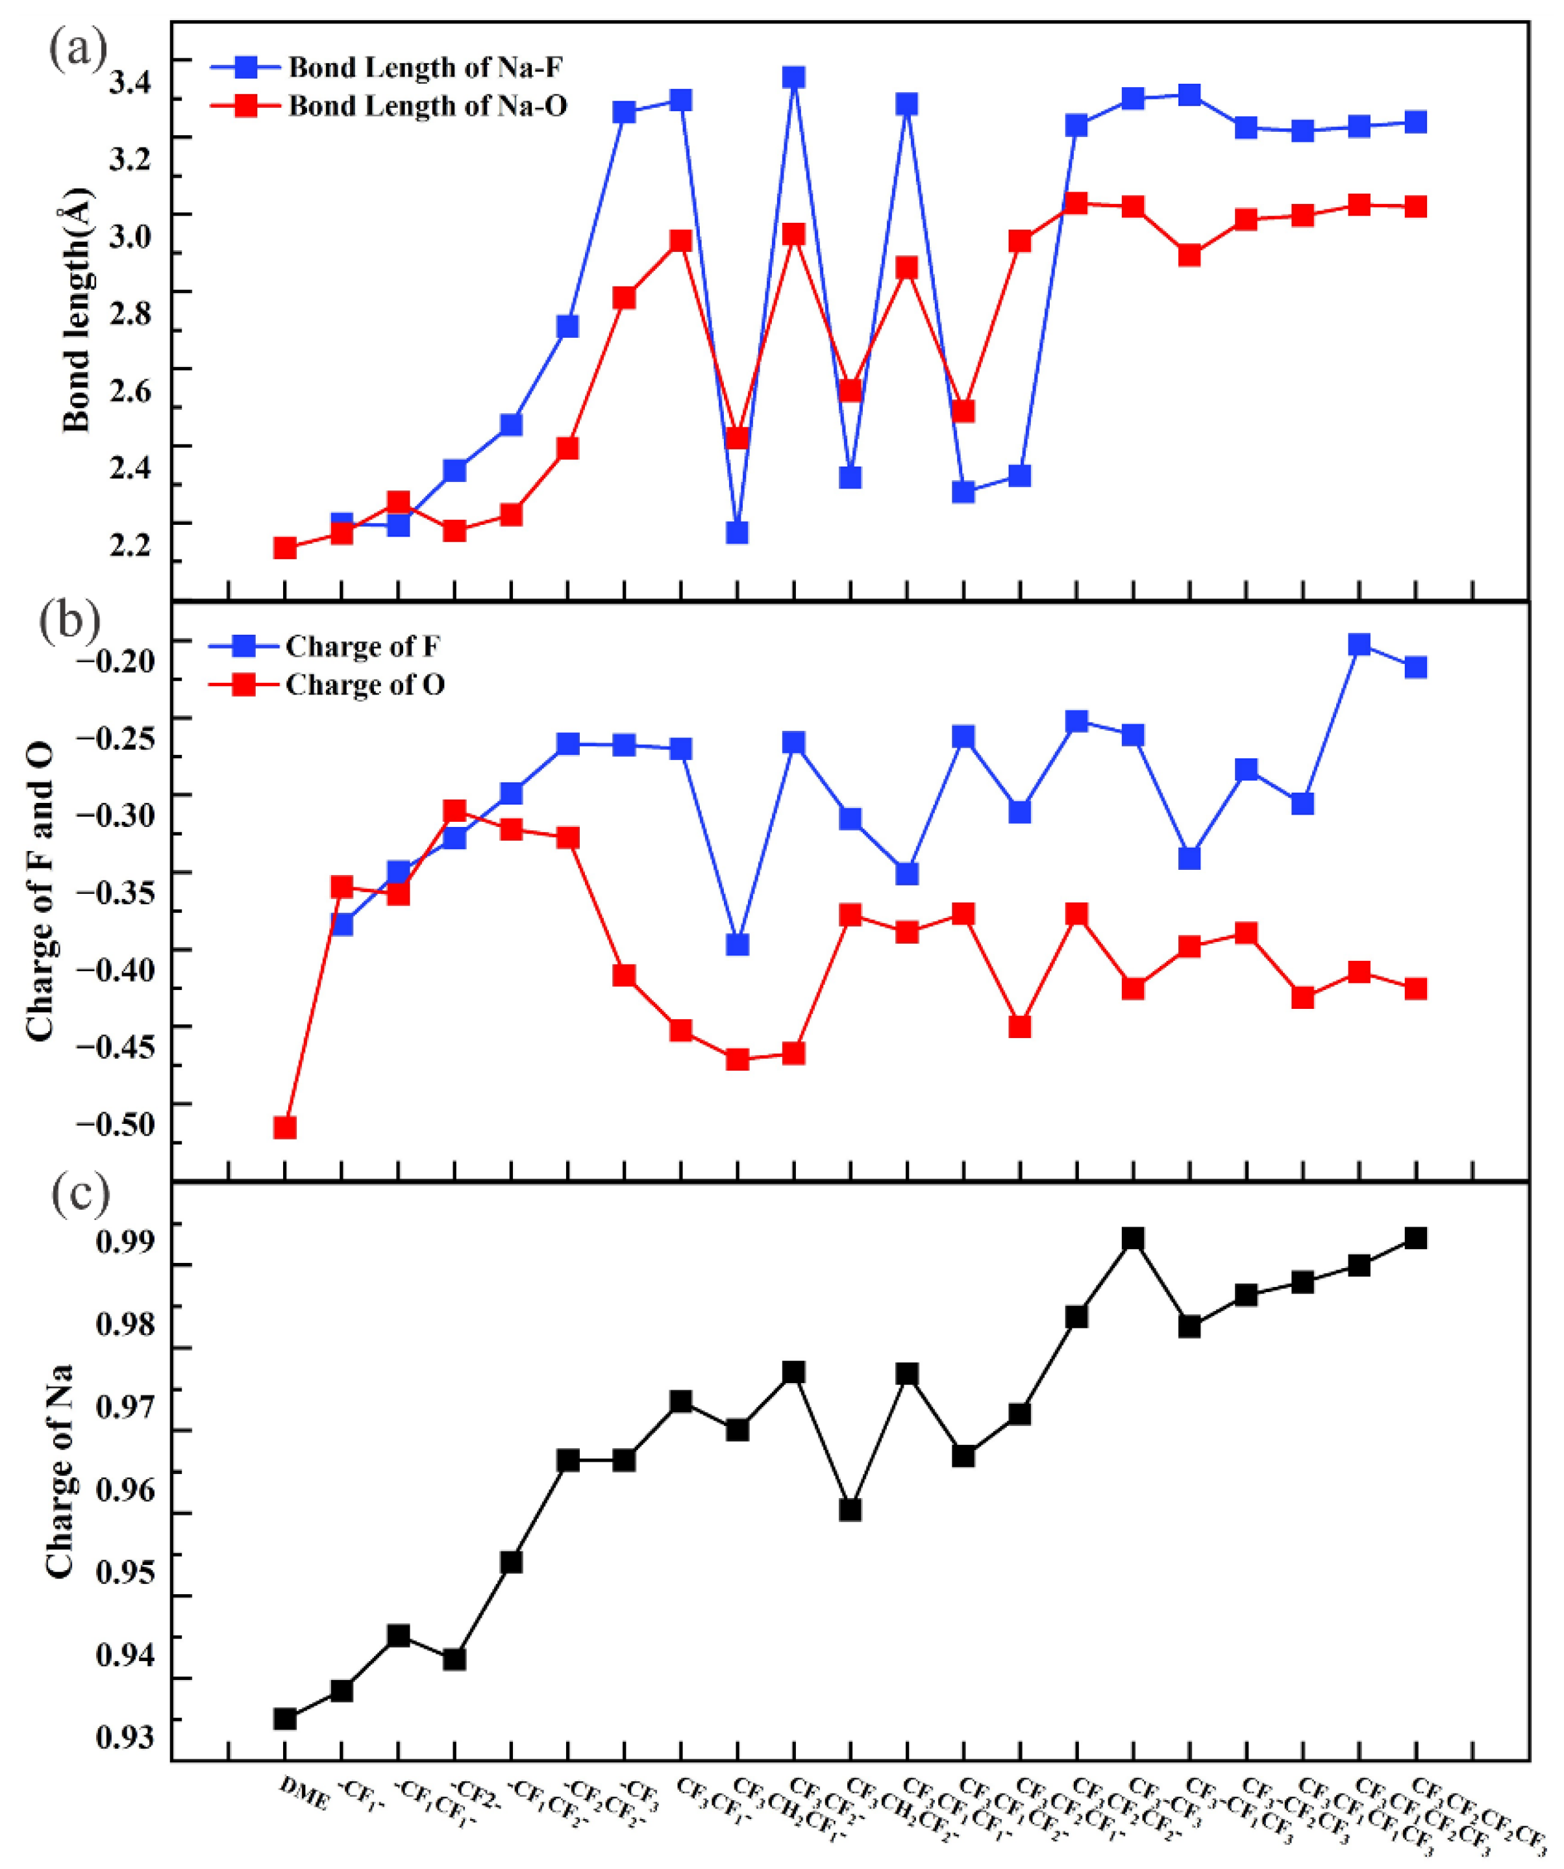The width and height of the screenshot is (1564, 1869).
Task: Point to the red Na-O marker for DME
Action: coord(284,548)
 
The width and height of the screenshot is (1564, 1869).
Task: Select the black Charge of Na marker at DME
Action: coord(284,1718)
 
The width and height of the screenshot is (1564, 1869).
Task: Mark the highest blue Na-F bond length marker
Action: coord(793,77)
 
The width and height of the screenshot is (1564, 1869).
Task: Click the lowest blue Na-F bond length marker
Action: coord(737,532)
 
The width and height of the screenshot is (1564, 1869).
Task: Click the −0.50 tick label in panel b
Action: coord(115,1124)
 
